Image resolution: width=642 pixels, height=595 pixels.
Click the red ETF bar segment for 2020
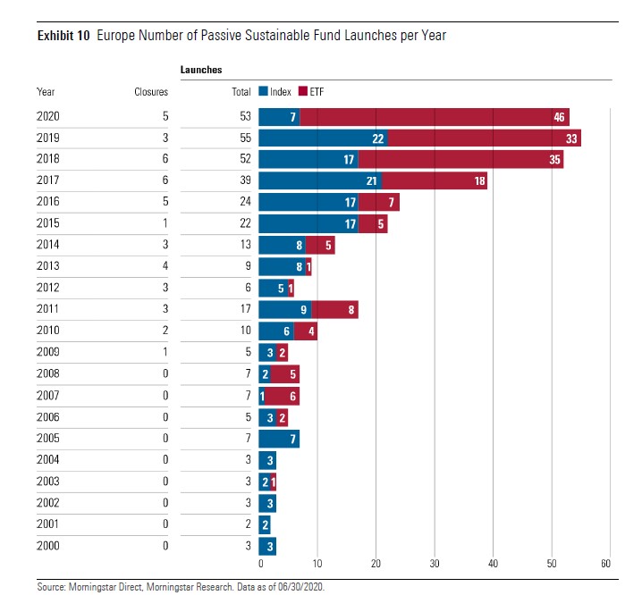434,117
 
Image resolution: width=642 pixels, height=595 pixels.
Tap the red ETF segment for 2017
435,181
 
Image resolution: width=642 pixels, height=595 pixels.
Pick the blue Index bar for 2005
279,439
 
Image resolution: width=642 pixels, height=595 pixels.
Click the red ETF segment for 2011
334,310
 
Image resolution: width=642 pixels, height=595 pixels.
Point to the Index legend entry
269,92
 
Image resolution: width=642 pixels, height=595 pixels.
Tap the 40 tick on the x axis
494,564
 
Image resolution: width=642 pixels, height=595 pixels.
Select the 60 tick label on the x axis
606,564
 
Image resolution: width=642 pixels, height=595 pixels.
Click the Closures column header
151,92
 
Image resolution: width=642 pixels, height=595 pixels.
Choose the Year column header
46,92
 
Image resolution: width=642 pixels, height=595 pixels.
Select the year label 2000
48,546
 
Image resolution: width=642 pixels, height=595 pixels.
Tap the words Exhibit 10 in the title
63,36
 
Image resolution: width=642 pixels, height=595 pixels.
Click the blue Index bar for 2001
265,524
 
